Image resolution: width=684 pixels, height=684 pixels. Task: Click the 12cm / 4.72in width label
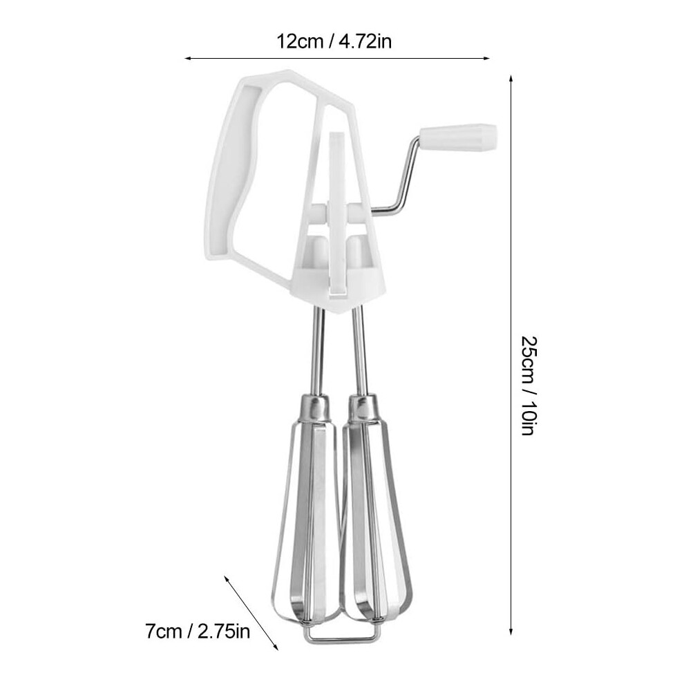tap(334, 42)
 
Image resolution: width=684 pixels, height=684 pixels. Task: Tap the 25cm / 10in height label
tap(529, 386)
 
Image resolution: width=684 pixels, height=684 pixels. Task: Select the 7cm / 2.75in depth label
tap(198, 631)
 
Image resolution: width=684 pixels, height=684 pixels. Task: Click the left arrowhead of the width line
tap(189, 58)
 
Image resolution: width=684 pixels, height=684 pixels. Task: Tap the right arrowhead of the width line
tap(486, 58)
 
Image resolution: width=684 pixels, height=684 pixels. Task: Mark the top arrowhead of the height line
tap(511, 79)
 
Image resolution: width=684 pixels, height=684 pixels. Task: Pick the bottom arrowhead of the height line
tap(511, 631)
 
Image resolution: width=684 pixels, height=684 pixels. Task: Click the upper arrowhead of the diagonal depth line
tap(227, 579)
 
